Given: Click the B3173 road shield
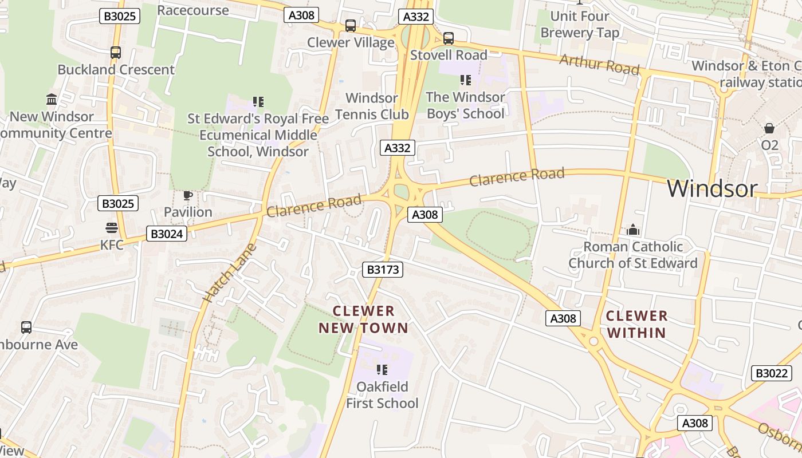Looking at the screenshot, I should pos(382,269).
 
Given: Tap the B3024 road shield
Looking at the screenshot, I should pos(167,233).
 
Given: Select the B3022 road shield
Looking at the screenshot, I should pos(771,373).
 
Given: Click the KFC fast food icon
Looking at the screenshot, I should pos(112,228).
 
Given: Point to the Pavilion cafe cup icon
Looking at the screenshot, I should pos(187,195).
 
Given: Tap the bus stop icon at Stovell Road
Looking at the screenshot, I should pos(448,38).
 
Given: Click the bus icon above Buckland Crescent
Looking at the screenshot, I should pos(115,53).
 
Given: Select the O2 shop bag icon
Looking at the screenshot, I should pos(769,128).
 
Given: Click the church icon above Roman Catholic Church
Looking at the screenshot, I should pos(632,230).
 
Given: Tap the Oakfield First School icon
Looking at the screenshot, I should pos(382,370).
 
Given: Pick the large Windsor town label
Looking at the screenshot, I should pos(712,188).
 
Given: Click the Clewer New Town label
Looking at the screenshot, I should pos(364,319).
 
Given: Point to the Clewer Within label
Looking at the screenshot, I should pos(636,324).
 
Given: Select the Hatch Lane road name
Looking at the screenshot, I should pos(229,273).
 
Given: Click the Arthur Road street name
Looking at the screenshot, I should pos(599,64).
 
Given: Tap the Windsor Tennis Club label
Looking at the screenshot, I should pos(372,106).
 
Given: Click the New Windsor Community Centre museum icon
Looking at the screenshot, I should pos(52,100).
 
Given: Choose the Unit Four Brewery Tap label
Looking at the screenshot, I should pos(580,24).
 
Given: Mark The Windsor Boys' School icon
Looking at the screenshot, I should pos(465,80).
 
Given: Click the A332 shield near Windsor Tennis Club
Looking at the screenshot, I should pos(397,148).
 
